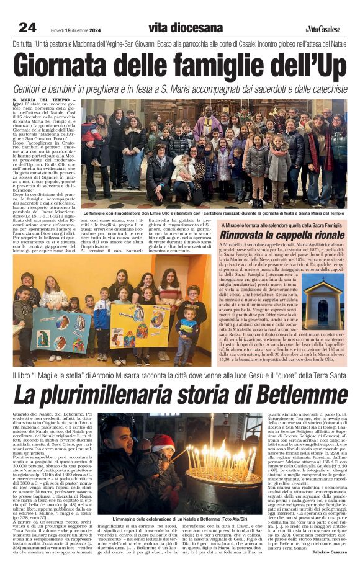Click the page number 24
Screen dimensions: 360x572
[x=27, y=27]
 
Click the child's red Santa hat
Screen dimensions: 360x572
[x=163, y=442]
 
